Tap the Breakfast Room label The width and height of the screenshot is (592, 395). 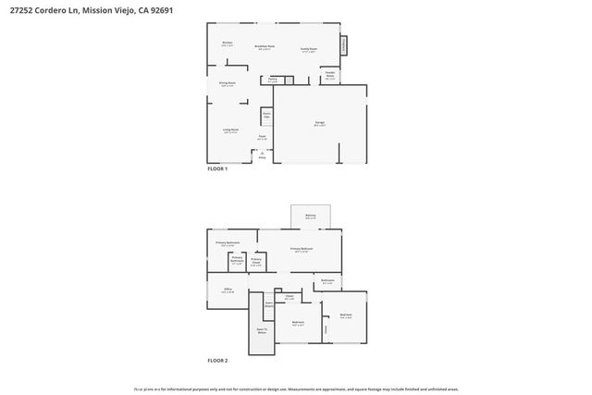[264, 47]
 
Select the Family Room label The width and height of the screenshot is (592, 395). [309, 49]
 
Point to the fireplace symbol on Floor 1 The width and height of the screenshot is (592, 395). [343, 44]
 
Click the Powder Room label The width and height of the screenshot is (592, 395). [329, 77]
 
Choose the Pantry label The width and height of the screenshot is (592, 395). [273, 80]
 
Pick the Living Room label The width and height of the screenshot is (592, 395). [230, 130]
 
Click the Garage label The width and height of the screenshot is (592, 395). [319, 123]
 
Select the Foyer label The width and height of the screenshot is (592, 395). [263, 139]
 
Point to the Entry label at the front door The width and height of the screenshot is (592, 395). [262, 157]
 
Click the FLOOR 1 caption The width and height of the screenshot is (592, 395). [216, 169]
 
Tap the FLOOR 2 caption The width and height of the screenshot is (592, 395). [217, 360]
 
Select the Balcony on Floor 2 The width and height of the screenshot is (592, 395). [310, 216]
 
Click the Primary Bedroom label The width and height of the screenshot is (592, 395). [302, 250]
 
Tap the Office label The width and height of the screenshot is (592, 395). [228, 290]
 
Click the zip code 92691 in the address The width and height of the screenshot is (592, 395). [159, 9]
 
